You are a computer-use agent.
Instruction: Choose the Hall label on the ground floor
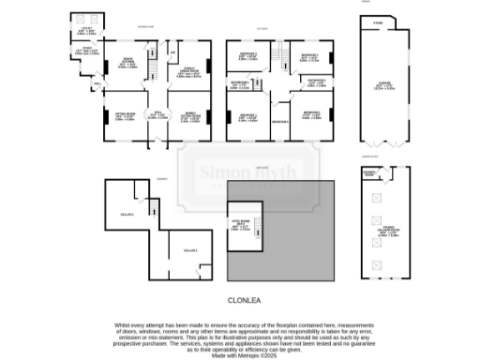tap(157, 114)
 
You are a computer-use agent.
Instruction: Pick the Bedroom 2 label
tap(311, 114)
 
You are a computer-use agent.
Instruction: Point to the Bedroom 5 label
tap(278, 122)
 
